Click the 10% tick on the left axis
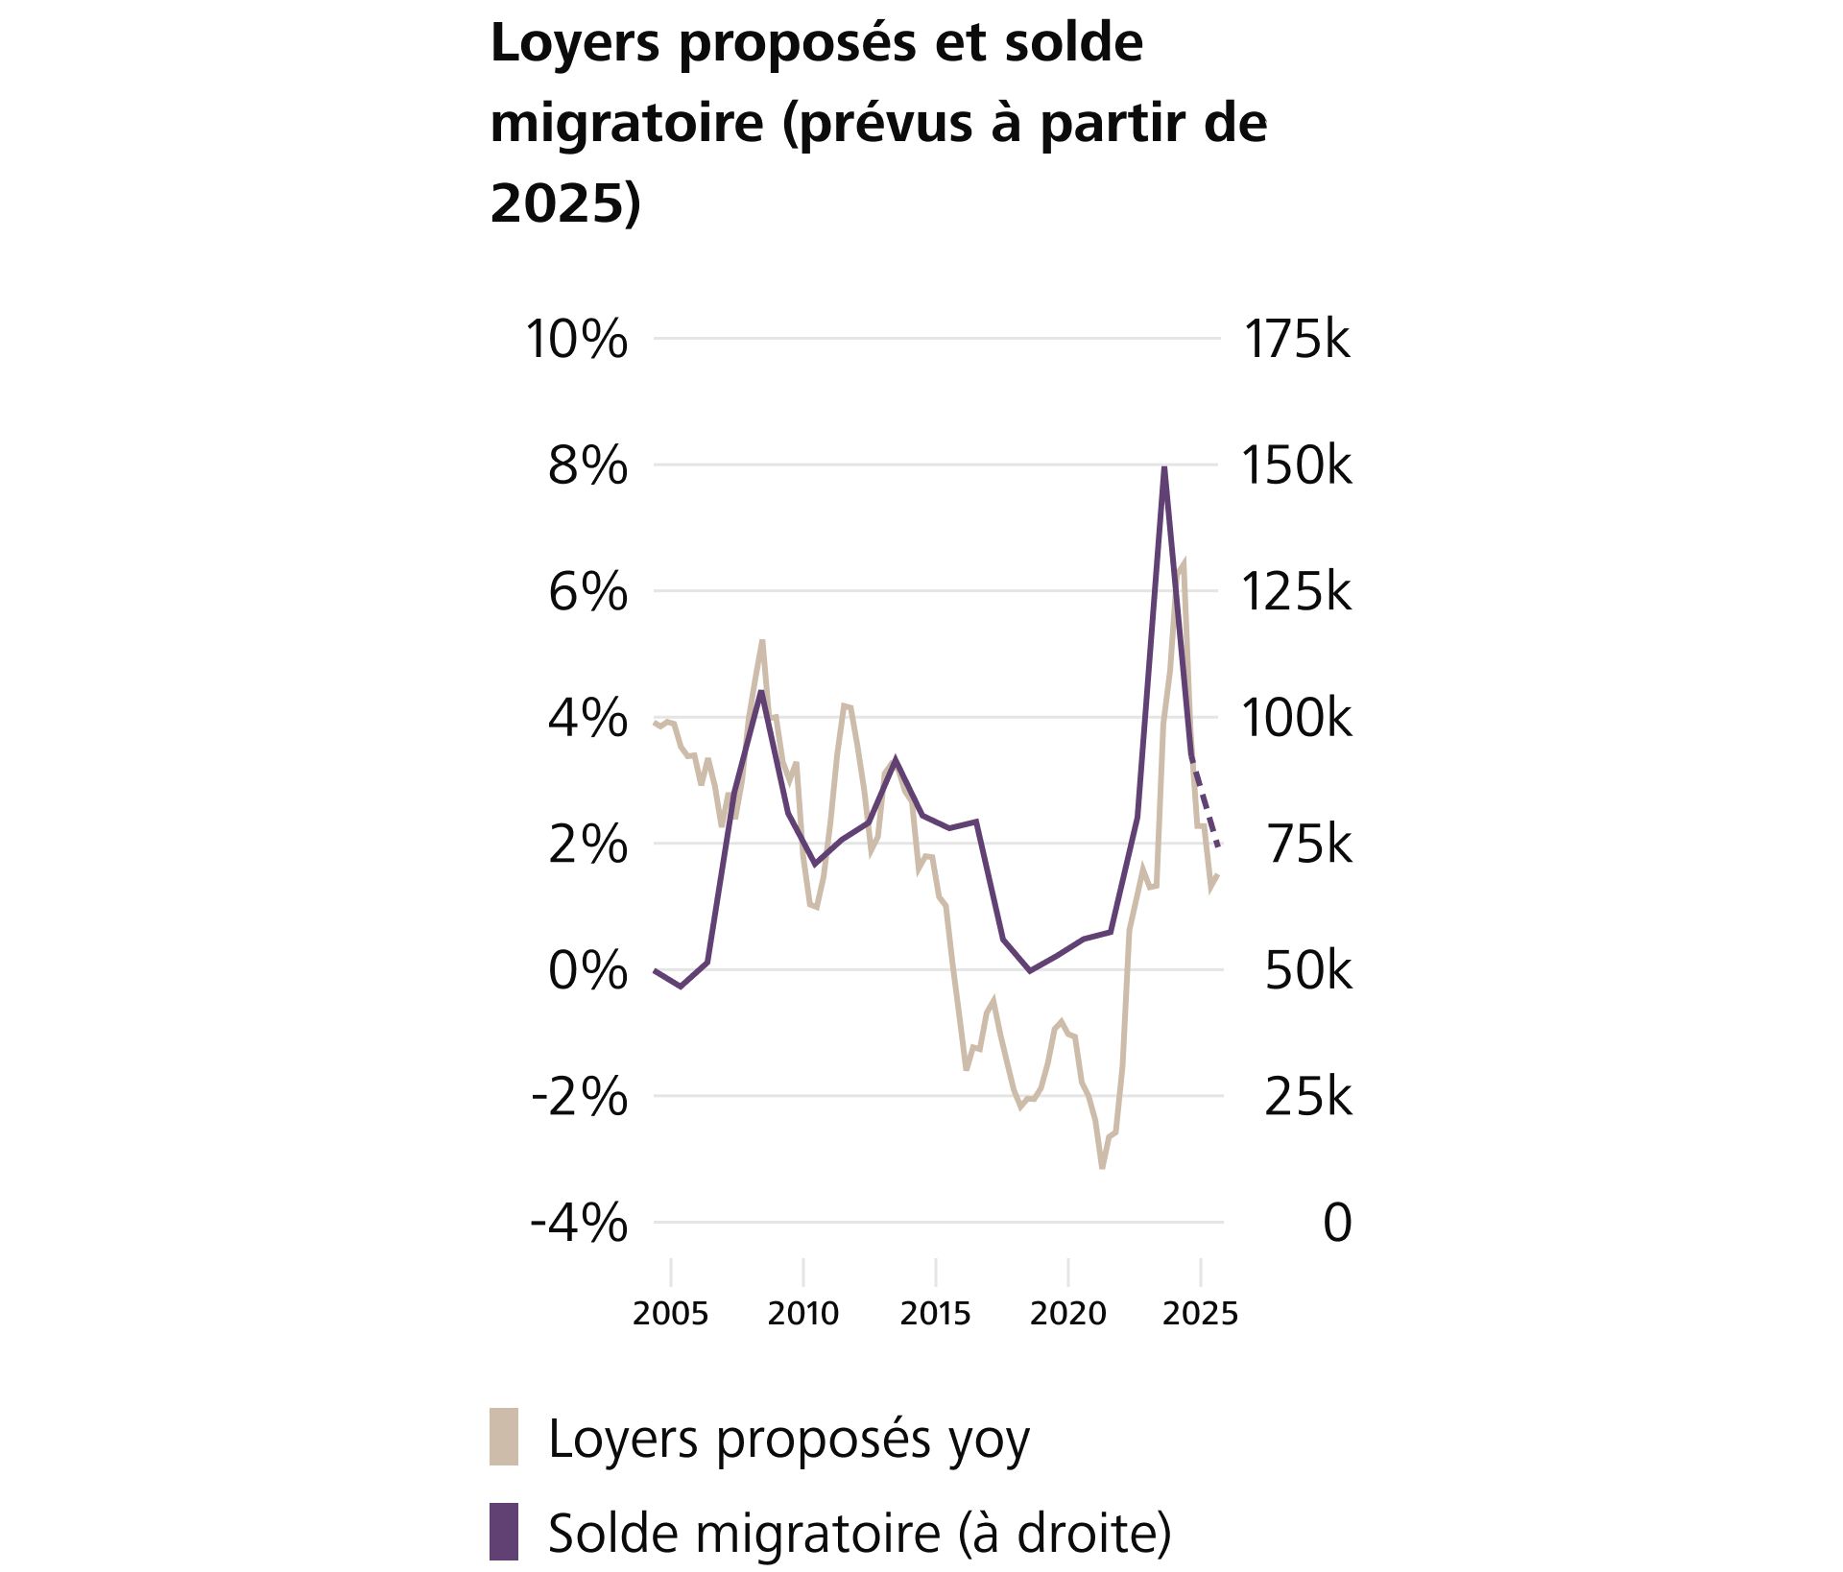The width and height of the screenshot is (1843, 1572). click(576, 340)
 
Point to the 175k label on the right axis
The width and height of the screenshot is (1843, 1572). click(1296, 340)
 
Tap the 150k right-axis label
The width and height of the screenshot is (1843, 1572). click(1296, 466)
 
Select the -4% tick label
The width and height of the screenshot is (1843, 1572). click(579, 1224)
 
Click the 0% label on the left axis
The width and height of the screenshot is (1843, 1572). click(587, 971)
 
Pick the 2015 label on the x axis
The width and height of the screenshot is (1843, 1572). click(935, 1313)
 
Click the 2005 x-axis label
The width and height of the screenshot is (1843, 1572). click(670, 1313)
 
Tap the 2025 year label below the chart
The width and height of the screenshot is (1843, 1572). click(1200, 1313)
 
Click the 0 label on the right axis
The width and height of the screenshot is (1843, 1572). click(1337, 1224)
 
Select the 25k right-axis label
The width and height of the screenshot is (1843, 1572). click(1307, 1097)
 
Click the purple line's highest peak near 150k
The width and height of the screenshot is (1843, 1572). click(1164, 469)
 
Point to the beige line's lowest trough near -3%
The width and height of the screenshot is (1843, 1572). click(1102, 1166)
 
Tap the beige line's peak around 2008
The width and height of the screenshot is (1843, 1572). click(762, 642)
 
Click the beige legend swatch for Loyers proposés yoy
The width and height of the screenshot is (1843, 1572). click(504, 1437)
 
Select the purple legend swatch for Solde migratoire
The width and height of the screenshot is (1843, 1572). click(504, 1532)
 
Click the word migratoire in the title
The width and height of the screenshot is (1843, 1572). click(627, 123)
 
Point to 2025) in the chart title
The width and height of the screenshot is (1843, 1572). click(564, 203)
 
